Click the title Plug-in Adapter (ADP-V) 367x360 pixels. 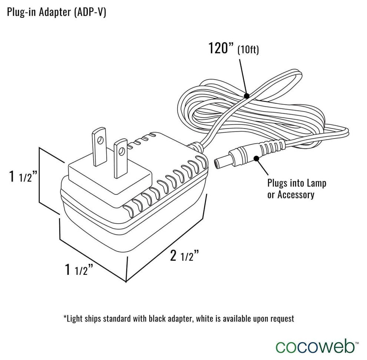(x=57, y=12)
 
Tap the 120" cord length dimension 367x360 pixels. (x=220, y=48)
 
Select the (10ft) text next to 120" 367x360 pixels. (x=248, y=50)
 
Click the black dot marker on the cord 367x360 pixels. (x=247, y=96)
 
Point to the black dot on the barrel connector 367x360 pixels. (x=256, y=159)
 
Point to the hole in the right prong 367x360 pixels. (x=121, y=150)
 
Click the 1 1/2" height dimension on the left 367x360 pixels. (x=23, y=177)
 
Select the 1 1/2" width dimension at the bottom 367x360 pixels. (x=79, y=270)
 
